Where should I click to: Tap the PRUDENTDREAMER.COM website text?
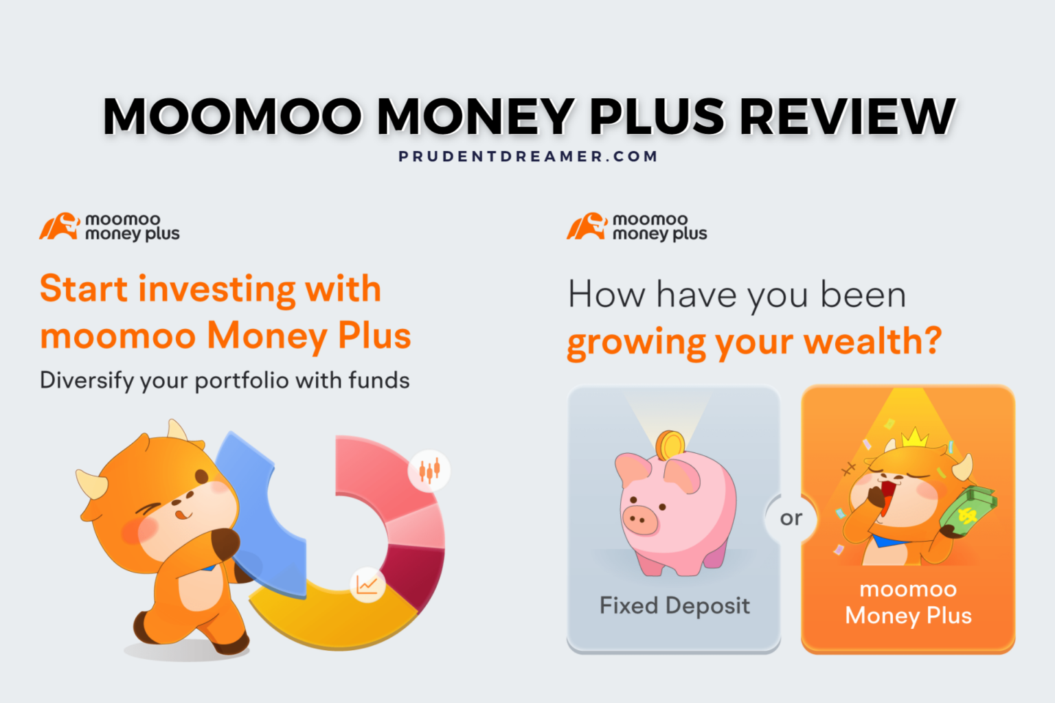(527, 157)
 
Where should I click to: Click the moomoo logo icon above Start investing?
(59, 227)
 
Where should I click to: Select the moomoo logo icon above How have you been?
(587, 227)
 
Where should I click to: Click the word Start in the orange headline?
(84, 288)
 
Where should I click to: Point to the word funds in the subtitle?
(378, 380)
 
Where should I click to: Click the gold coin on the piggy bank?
(670, 446)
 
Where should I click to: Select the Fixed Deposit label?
(674, 606)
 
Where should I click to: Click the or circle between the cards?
(791, 518)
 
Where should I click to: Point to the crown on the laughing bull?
(915, 437)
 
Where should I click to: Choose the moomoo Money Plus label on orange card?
(908, 602)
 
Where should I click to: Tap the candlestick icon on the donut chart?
(429, 470)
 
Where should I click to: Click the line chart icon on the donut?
(367, 585)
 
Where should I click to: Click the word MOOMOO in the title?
(232, 116)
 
